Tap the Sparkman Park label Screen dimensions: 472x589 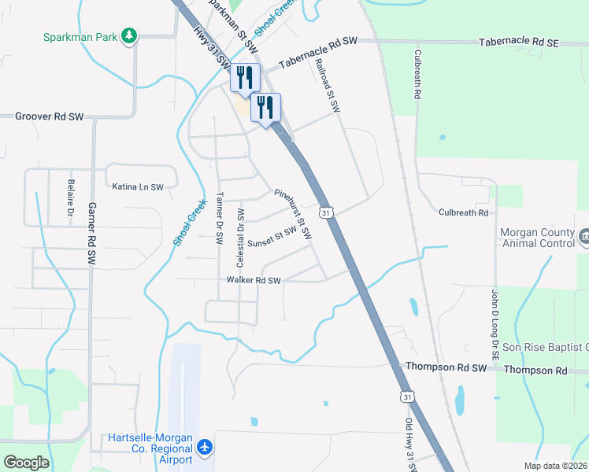coord(79,36)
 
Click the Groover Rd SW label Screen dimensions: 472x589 coord(49,116)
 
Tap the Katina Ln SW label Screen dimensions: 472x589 coord(138,187)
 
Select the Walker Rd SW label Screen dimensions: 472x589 coord(254,280)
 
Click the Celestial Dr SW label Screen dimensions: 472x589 coord(241,237)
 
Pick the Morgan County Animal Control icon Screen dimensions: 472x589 coord(583,235)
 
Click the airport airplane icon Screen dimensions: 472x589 coord(205,448)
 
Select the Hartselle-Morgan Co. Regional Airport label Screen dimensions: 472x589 coord(150,448)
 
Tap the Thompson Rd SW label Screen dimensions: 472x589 coord(443,367)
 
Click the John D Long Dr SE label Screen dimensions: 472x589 coord(495,324)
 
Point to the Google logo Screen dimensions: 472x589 coord(26,463)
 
